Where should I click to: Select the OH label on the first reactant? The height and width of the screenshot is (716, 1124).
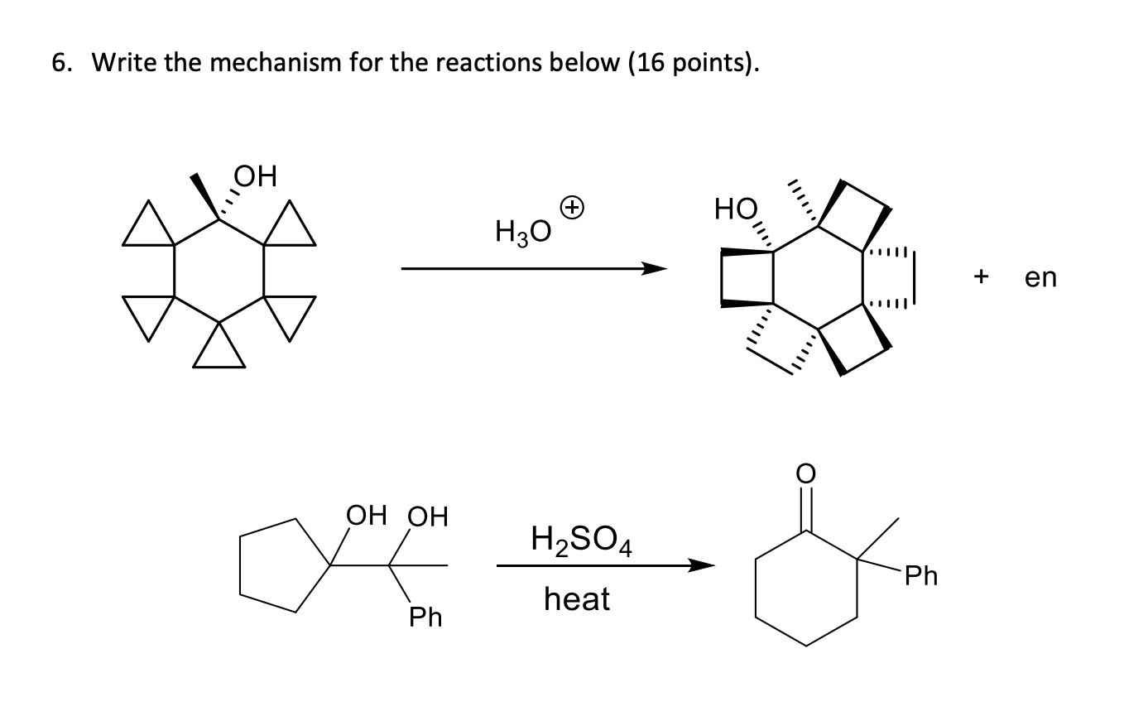tap(256, 176)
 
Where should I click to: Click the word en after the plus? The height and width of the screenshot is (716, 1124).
tap(1040, 277)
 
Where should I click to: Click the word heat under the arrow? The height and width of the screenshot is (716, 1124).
tap(577, 598)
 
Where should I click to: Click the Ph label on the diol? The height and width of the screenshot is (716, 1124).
tap(426, 617)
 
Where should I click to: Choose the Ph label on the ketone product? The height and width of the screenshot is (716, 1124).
tap(921, 575)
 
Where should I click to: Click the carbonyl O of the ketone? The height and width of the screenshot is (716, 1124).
tap(808, 473)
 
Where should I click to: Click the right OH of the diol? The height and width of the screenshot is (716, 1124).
tap(427, 517)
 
